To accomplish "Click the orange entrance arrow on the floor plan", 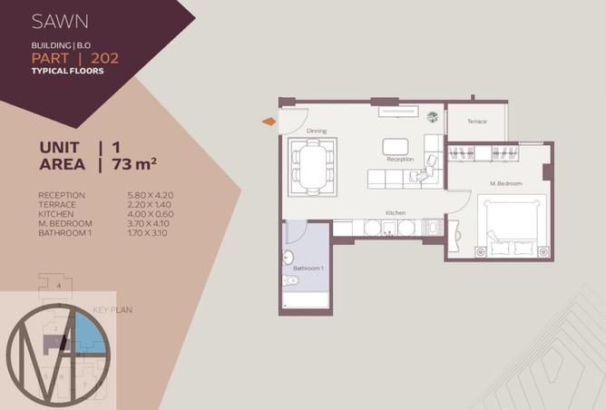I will click(x=269, y=121).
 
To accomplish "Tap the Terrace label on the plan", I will click(x=477, y=122).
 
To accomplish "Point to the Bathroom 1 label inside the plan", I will click(x=308, y=268).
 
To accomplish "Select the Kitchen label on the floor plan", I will click(x=395, y=212).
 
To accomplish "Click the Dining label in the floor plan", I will click(x=316, y=131).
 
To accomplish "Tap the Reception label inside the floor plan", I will click(x=400, y=159).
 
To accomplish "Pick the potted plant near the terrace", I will click(x=432, y=116).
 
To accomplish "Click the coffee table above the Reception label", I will click(x=396, y=145).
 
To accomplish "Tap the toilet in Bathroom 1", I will click(x=290, y=280).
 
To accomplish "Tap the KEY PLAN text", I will click(x=113, y=310).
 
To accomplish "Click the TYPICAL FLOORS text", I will click(x=67, y=71).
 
